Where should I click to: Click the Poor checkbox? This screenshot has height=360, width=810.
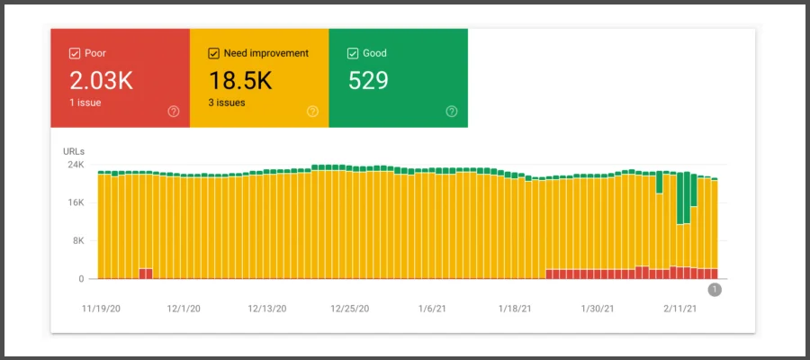[75, 53]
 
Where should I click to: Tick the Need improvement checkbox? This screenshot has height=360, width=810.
[214, 53]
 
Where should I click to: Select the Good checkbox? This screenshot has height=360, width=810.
[353, 53]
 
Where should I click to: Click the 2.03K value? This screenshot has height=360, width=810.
[101, 80]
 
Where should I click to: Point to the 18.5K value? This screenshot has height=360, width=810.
[240, 80]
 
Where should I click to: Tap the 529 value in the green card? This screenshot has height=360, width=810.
[368, 80]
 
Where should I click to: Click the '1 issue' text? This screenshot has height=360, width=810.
[85, 103]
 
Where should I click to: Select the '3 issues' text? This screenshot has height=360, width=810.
[227, 103]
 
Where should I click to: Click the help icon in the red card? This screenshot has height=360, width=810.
[173, 112]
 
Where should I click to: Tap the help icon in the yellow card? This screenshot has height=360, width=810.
[312, 112]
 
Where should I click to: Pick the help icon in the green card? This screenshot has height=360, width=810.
[451, 112]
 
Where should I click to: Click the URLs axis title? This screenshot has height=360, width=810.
[74, 150]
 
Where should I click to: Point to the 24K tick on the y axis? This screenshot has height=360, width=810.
[76, 166]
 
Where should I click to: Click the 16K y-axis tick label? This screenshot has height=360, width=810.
[76, 203]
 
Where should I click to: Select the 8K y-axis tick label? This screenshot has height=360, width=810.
[77, 241]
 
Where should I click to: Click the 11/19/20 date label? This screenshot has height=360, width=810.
[101, 308]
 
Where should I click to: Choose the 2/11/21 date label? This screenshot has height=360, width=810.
[680, 308]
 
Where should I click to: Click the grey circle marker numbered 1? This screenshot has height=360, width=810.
[715, 289]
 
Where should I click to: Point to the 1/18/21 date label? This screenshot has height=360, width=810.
[517, 308]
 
